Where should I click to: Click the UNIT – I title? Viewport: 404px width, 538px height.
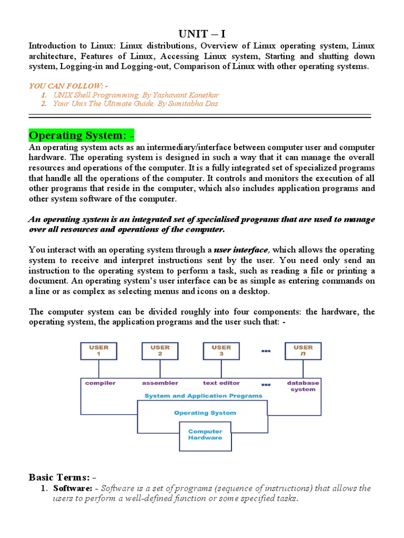202,34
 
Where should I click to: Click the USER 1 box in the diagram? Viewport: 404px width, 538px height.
98,351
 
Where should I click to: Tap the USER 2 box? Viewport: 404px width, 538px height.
160,351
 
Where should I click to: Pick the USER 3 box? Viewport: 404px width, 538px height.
221,351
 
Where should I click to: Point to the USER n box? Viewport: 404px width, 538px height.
303,351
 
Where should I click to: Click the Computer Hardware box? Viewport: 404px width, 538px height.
205,434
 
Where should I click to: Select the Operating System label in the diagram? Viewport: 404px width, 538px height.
205,413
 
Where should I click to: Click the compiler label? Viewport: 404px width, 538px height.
100,383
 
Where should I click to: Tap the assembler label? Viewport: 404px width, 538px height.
160,383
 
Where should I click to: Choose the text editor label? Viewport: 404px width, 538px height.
221,383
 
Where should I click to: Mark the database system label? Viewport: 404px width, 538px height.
303,386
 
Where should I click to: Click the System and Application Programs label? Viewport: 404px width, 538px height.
203,396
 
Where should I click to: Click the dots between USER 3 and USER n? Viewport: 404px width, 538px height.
266,350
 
